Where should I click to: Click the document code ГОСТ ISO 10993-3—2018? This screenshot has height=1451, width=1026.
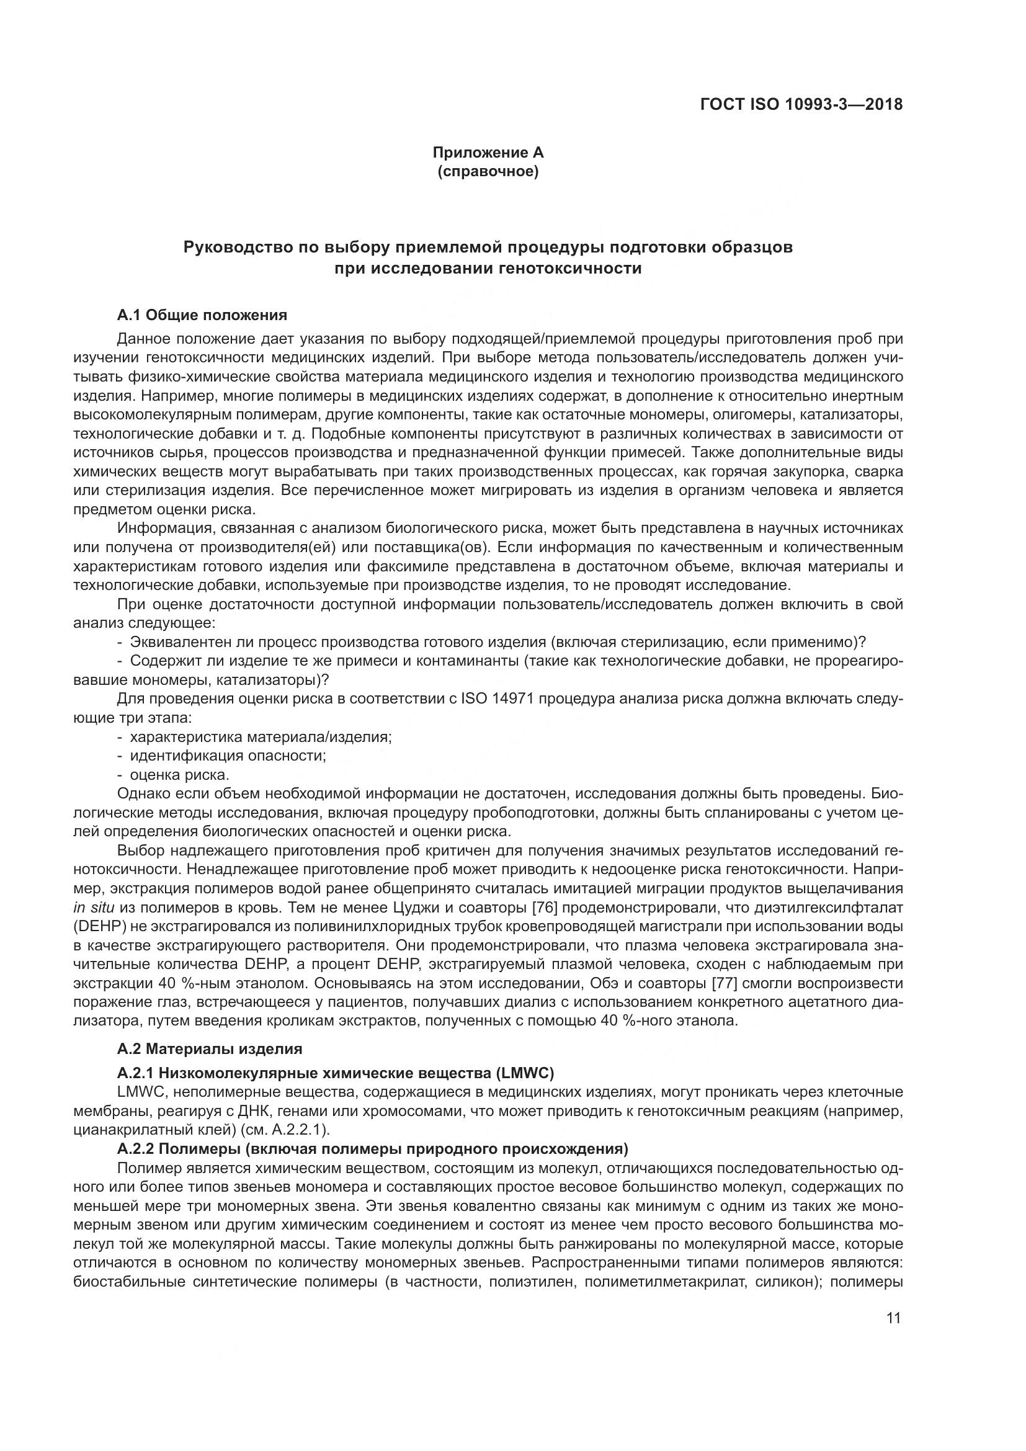click(801, 104)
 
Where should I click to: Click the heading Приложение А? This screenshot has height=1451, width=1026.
click(488, 153)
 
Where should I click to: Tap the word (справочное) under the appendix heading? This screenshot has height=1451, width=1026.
click(488, 171)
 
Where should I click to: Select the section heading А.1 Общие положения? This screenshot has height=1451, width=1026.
click(202, 315)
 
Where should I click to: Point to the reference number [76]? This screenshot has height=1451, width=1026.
click(544, 908)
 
